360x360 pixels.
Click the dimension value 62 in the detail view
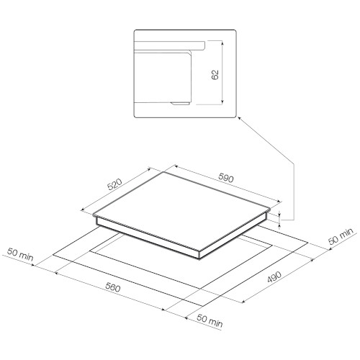point(215,75)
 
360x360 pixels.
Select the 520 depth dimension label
point(115,184)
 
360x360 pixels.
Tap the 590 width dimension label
point(226,178)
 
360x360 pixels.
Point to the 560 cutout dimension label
point(112,287)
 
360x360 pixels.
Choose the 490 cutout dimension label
point(274,277)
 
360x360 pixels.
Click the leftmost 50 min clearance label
point(20,254)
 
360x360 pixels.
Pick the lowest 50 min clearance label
point(210,321)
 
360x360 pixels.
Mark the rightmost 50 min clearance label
point(341,236)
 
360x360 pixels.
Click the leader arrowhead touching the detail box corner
point(239,119)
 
